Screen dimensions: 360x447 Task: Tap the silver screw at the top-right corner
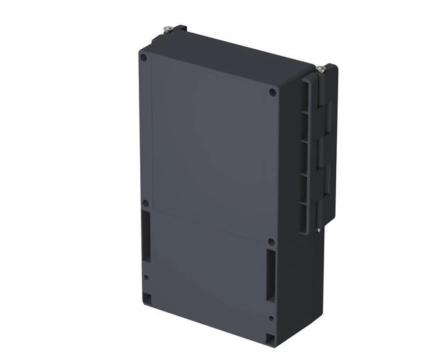[322, 68]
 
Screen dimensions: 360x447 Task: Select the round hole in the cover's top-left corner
[143, 57]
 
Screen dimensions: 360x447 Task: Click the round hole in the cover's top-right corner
[272, 93]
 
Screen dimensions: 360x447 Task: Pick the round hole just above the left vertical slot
[145, 203]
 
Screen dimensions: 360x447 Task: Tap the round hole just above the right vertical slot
[271, 242]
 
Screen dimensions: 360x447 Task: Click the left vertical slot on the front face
[145, 237]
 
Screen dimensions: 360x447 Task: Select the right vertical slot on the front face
[270, 277]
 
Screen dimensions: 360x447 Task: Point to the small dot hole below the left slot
[146, 277]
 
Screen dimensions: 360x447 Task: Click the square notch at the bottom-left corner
[147, 297]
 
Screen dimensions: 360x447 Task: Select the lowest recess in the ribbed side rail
[304, 215]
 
